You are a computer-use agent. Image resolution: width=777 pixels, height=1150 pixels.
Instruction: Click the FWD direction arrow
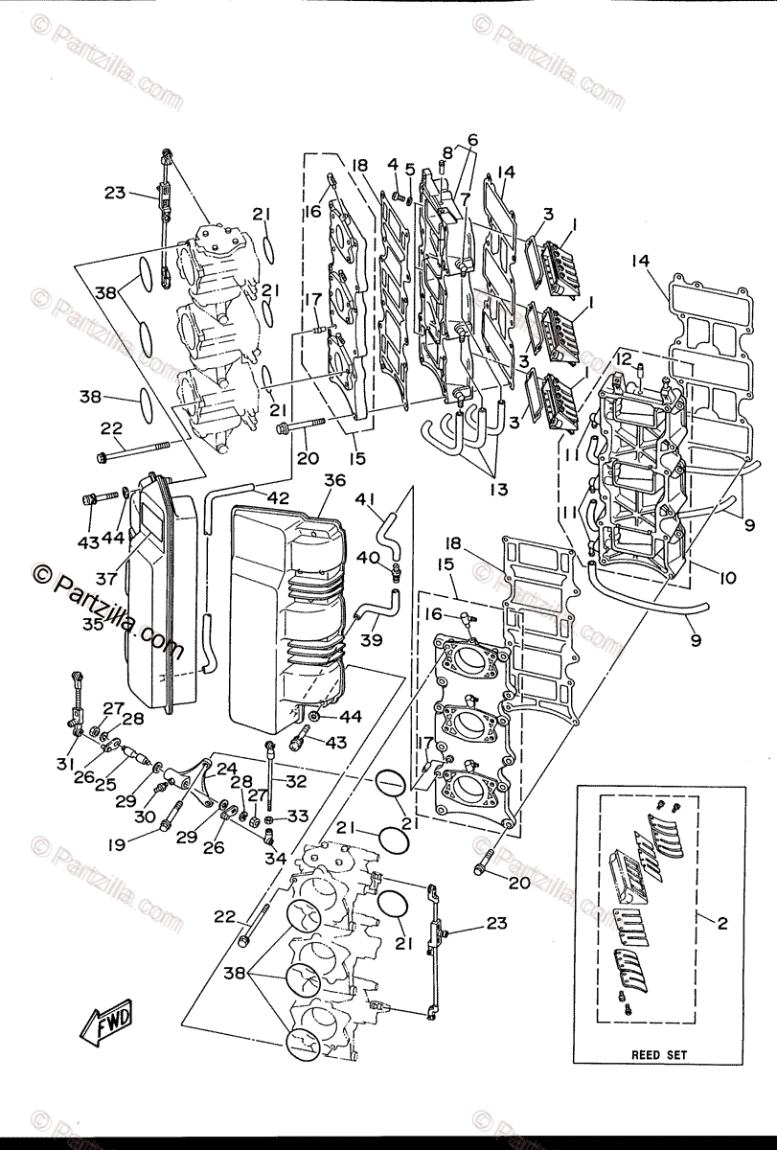106,1022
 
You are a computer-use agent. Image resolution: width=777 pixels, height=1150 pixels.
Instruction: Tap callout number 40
368,557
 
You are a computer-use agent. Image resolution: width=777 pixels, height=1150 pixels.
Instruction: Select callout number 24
227,768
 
